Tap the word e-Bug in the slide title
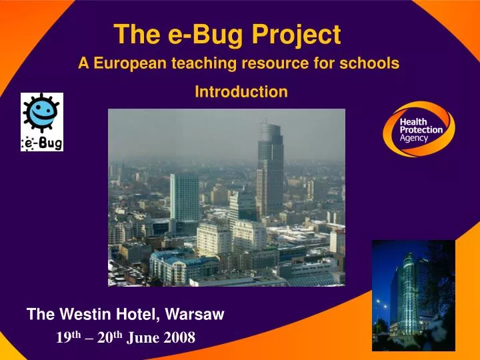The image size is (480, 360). coord(199,34)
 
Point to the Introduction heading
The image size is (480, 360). coord(241,92)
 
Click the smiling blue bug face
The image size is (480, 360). coord(40,113)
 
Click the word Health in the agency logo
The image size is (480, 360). coord(414,121)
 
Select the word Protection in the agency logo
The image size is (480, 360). coord(421,130)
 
